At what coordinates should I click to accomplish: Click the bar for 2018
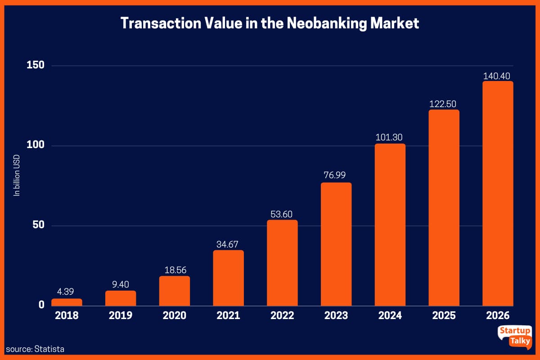click(67, 302)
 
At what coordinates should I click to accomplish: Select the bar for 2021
click(228, 278)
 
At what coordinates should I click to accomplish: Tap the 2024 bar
click(390, 225)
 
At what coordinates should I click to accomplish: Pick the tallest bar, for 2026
click(498, 193)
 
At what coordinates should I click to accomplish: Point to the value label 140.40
click(498, 76)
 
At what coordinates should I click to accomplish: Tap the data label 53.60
click(282, 214)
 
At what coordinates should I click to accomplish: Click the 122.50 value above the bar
click(444, 104)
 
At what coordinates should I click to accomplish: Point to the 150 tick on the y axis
click(36, 65)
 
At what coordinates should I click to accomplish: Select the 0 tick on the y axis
click(41, 305)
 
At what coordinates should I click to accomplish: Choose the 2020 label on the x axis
click(174, 315)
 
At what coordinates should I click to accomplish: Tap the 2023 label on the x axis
click(336, 315)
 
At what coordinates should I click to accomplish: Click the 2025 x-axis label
click(444, 315)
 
